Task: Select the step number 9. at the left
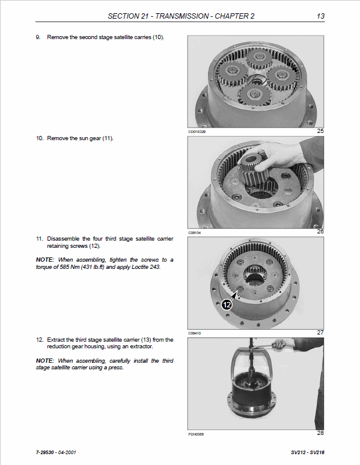click(x=38, y=37)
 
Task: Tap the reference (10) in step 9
click(x=157, y=37)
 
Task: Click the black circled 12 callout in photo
click(x=226, y=304)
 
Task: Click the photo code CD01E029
click(x=197, y=132)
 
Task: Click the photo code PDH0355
click(x=197, y=434)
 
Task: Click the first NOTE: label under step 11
click(x=45, y=259)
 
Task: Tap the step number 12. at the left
click(x=40, y=340)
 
